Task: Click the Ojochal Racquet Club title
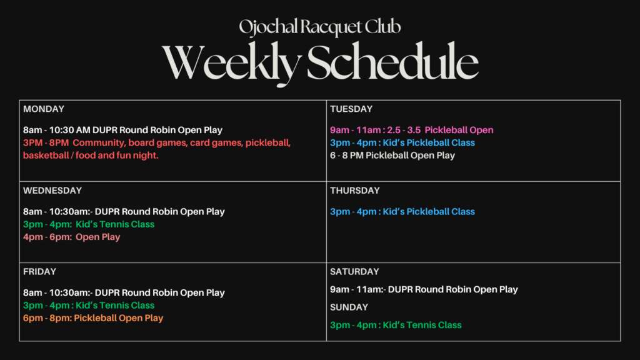tap(319, 27)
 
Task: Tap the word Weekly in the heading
tap(231, 63)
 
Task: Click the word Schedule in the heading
tap(392, 61)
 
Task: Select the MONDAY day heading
tap(44, 109)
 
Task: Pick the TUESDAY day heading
tap(351, 109)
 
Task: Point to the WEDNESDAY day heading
tap(52, 191)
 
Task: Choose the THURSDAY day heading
tap(355, 191)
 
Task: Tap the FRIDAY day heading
tap(39, 272)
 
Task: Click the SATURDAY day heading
tap(354, 272)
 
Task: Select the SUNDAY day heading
tap(349, 307)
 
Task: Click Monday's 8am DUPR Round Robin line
tap(123, 130)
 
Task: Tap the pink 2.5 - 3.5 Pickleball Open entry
tap(412, 130)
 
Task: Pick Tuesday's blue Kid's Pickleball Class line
tap(402, 143)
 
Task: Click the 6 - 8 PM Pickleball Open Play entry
tap(392, 156)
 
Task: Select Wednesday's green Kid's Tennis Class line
tap(89, 224)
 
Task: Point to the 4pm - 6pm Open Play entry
tap(72, 237)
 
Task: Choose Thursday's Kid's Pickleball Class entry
tap(402, 212)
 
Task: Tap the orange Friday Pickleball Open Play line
tap(93, 318)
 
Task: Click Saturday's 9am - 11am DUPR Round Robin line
tap(424, 290)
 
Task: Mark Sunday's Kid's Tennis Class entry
tap(396, 325)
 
